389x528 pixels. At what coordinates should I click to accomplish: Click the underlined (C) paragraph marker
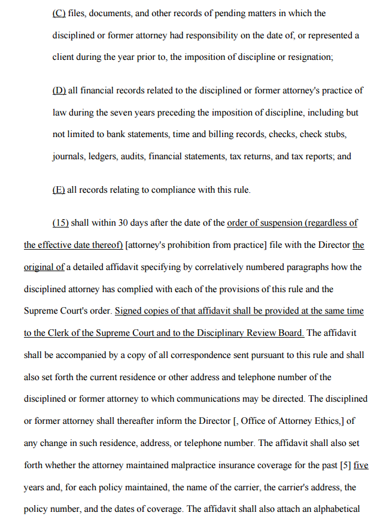59,13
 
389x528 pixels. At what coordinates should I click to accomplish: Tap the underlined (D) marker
59,90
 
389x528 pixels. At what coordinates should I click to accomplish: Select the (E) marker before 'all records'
59,190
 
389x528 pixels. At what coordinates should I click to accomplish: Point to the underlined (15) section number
60,223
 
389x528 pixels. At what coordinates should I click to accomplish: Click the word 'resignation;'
311,57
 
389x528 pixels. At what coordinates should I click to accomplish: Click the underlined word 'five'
361,465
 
